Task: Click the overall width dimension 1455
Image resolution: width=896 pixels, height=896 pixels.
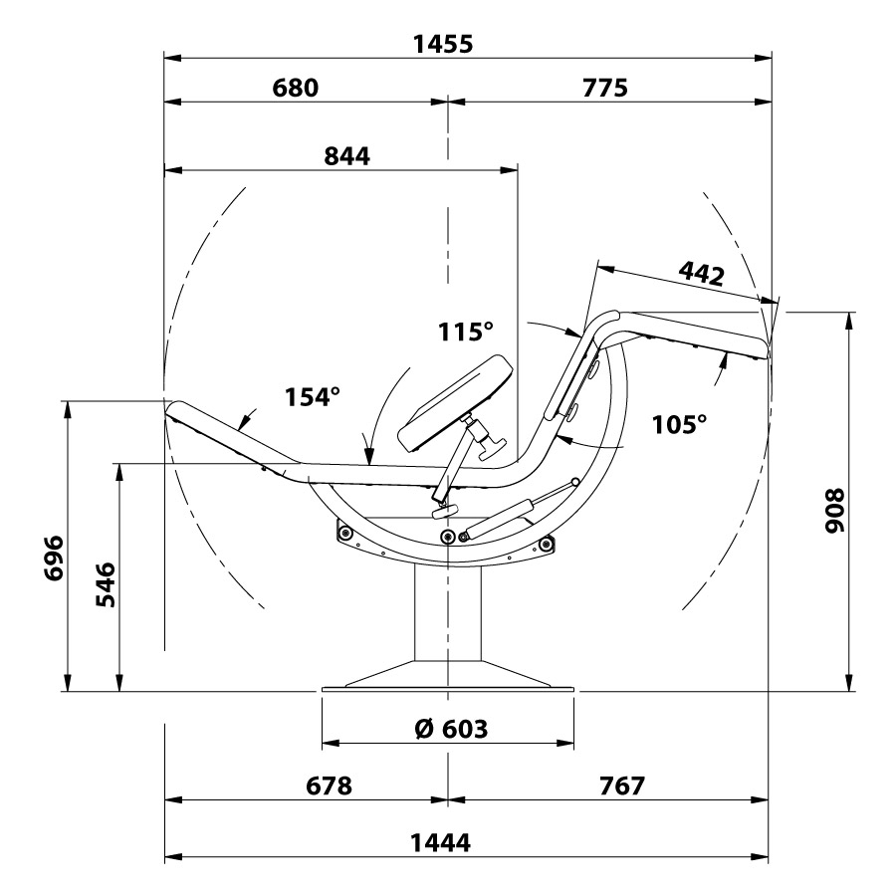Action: pyautogui.click(x=443, y=44)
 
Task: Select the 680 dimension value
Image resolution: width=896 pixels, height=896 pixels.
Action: pyautogui.click(x=295, y=88)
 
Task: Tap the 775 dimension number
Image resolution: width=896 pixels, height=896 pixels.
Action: pyautogui.click(x=605, y=88)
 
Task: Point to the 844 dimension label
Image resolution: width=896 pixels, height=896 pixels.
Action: pyautogui.click(x=346, y=156)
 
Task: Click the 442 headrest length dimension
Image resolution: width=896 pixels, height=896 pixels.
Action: pyautogui.click(x=702, y=275)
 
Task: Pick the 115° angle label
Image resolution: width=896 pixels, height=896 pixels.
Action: pyautogui.click(x=465, y=332)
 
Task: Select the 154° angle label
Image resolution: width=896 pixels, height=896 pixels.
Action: pyautogui.click(x=312, y=396)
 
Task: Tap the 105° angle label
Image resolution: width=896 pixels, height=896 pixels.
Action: pyautogui.click(x=679, y=424)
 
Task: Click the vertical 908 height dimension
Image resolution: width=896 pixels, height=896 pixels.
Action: pyautogui.click(x=834, y=511)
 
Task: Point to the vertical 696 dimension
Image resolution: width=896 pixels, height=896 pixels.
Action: pyautogui.click(x=55, y=559)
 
